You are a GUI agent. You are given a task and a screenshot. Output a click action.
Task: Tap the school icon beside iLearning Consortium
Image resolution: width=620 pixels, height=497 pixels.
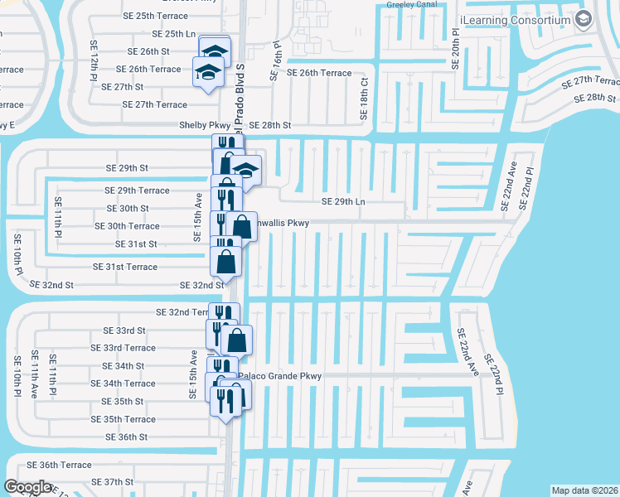tap(583, 18)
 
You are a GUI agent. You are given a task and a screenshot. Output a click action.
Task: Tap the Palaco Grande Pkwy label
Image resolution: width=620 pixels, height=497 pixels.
tap(280, 376)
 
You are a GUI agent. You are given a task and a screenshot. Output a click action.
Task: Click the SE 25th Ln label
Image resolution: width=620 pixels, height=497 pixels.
tap(174, 34)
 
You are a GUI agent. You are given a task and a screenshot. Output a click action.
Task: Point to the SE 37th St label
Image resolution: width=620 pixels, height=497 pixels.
tap(112, 481)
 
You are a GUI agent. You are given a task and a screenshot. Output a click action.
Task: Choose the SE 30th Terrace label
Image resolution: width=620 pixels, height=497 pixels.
tap(127, 226)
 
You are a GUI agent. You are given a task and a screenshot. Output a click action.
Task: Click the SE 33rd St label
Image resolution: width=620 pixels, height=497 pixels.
tap(124, 330)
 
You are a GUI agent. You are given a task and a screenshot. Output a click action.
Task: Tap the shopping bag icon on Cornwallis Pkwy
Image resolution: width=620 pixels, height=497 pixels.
tap(242, 225)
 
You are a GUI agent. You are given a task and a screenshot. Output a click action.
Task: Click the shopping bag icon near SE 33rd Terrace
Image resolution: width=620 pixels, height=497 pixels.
tap(237, 339)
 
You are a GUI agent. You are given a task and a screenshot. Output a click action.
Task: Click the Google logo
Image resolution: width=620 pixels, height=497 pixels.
tap(28, 487)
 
